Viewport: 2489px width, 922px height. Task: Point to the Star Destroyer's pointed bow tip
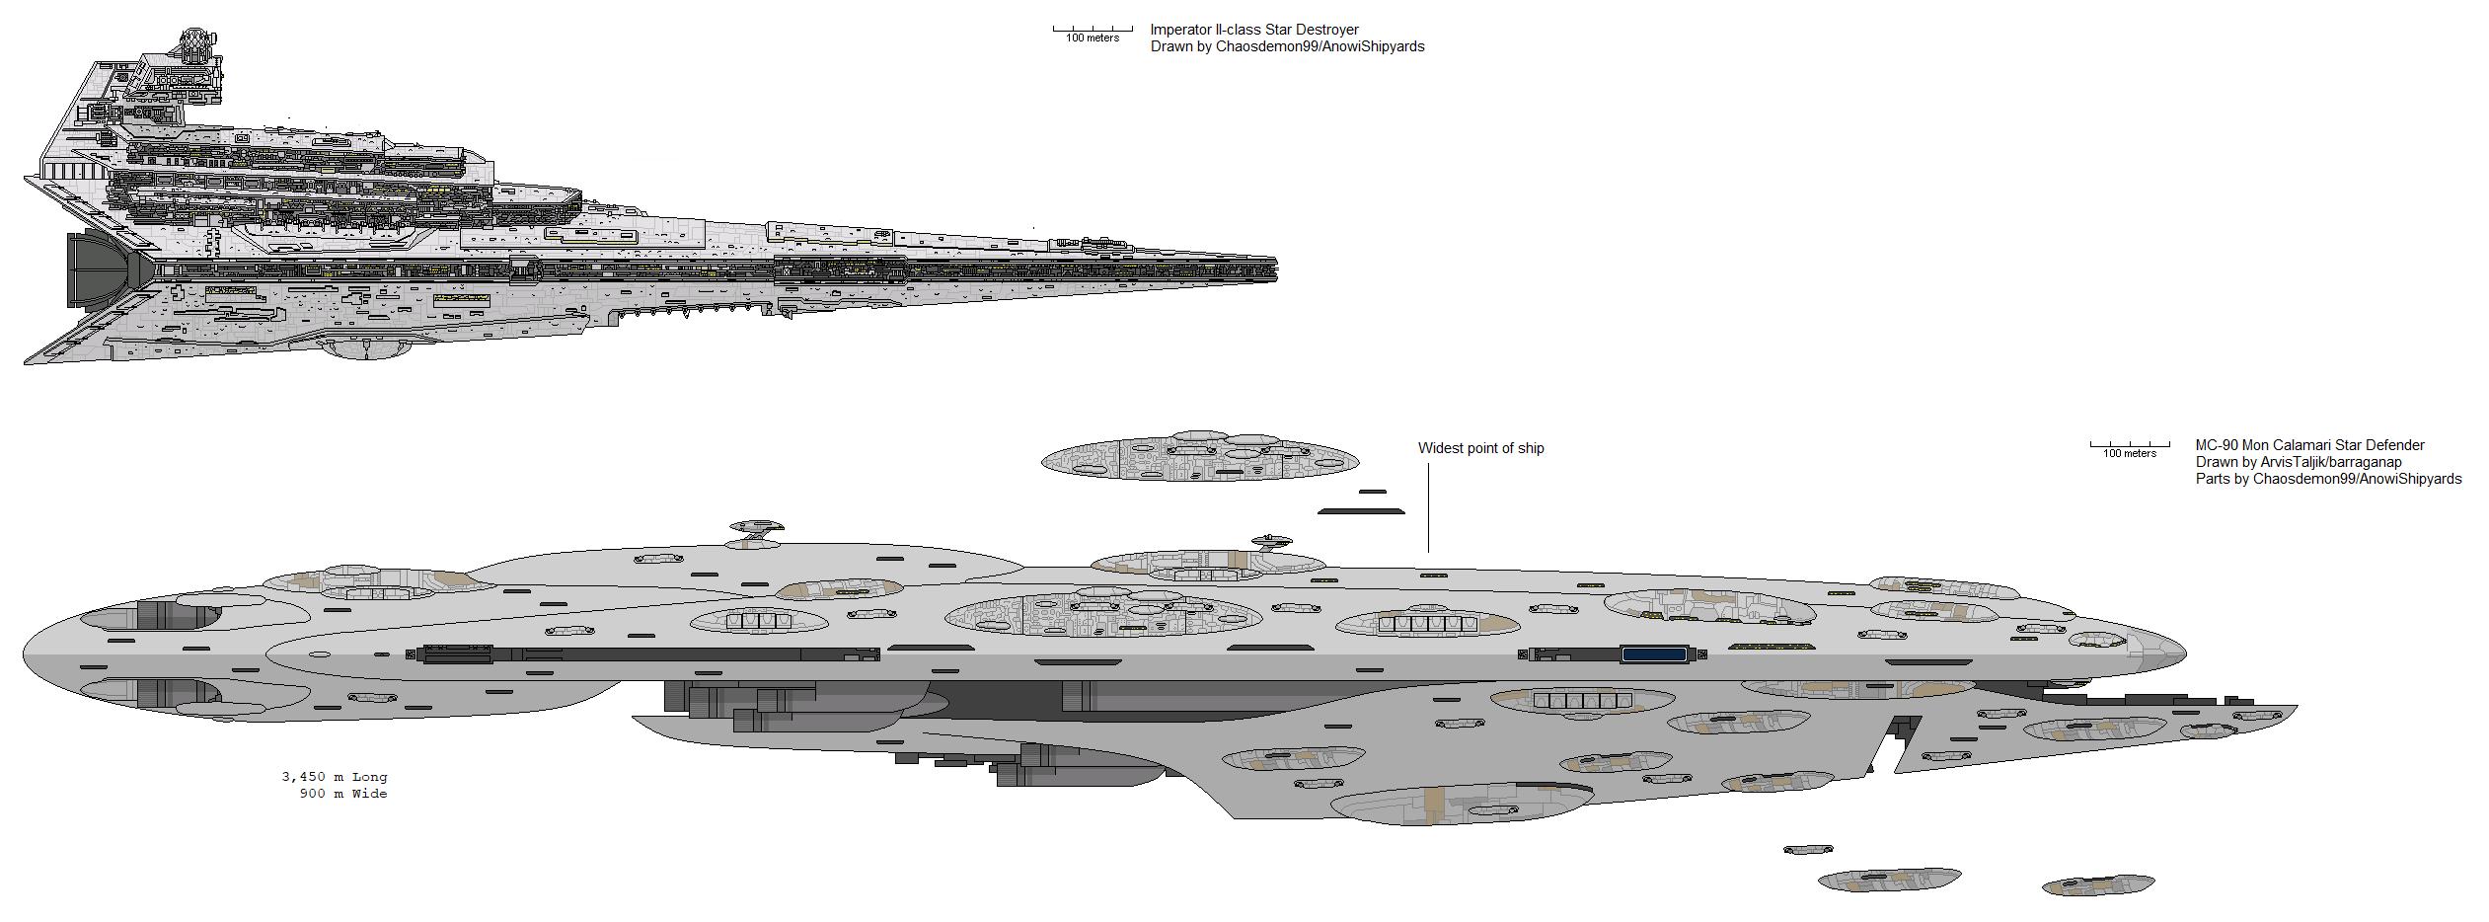(1276, 267)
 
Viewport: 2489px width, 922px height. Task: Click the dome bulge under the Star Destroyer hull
(367, 347)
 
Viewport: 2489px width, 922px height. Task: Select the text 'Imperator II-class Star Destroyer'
(1254, 30)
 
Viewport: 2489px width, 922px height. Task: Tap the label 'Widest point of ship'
(1480, 448)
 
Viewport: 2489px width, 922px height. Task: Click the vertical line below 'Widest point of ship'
(1428, 507)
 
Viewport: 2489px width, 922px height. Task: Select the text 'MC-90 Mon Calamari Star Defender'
(2309, 445)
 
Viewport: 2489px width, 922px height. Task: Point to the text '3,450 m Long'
(335, 777)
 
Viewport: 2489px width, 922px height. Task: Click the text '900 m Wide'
(343, 794)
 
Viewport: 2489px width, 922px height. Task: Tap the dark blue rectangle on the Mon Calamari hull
(1654, 653)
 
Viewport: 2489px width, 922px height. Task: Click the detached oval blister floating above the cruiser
(1200, 457)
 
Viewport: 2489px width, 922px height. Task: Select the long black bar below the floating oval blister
(1361, 511)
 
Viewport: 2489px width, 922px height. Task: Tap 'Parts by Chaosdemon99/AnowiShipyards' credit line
(2328, 479)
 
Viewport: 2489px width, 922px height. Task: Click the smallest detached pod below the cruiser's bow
(1808, 849)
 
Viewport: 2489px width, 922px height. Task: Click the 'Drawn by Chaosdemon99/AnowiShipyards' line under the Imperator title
(1287, 46)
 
